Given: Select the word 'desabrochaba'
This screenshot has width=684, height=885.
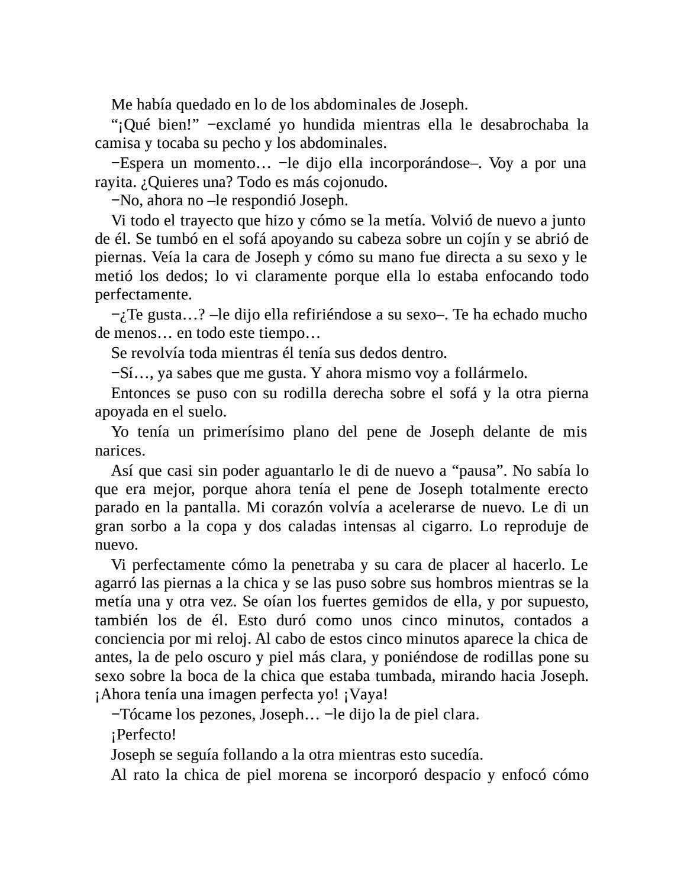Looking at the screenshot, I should point(524,125).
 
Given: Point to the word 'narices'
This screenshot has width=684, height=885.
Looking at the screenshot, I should point(118,451).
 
